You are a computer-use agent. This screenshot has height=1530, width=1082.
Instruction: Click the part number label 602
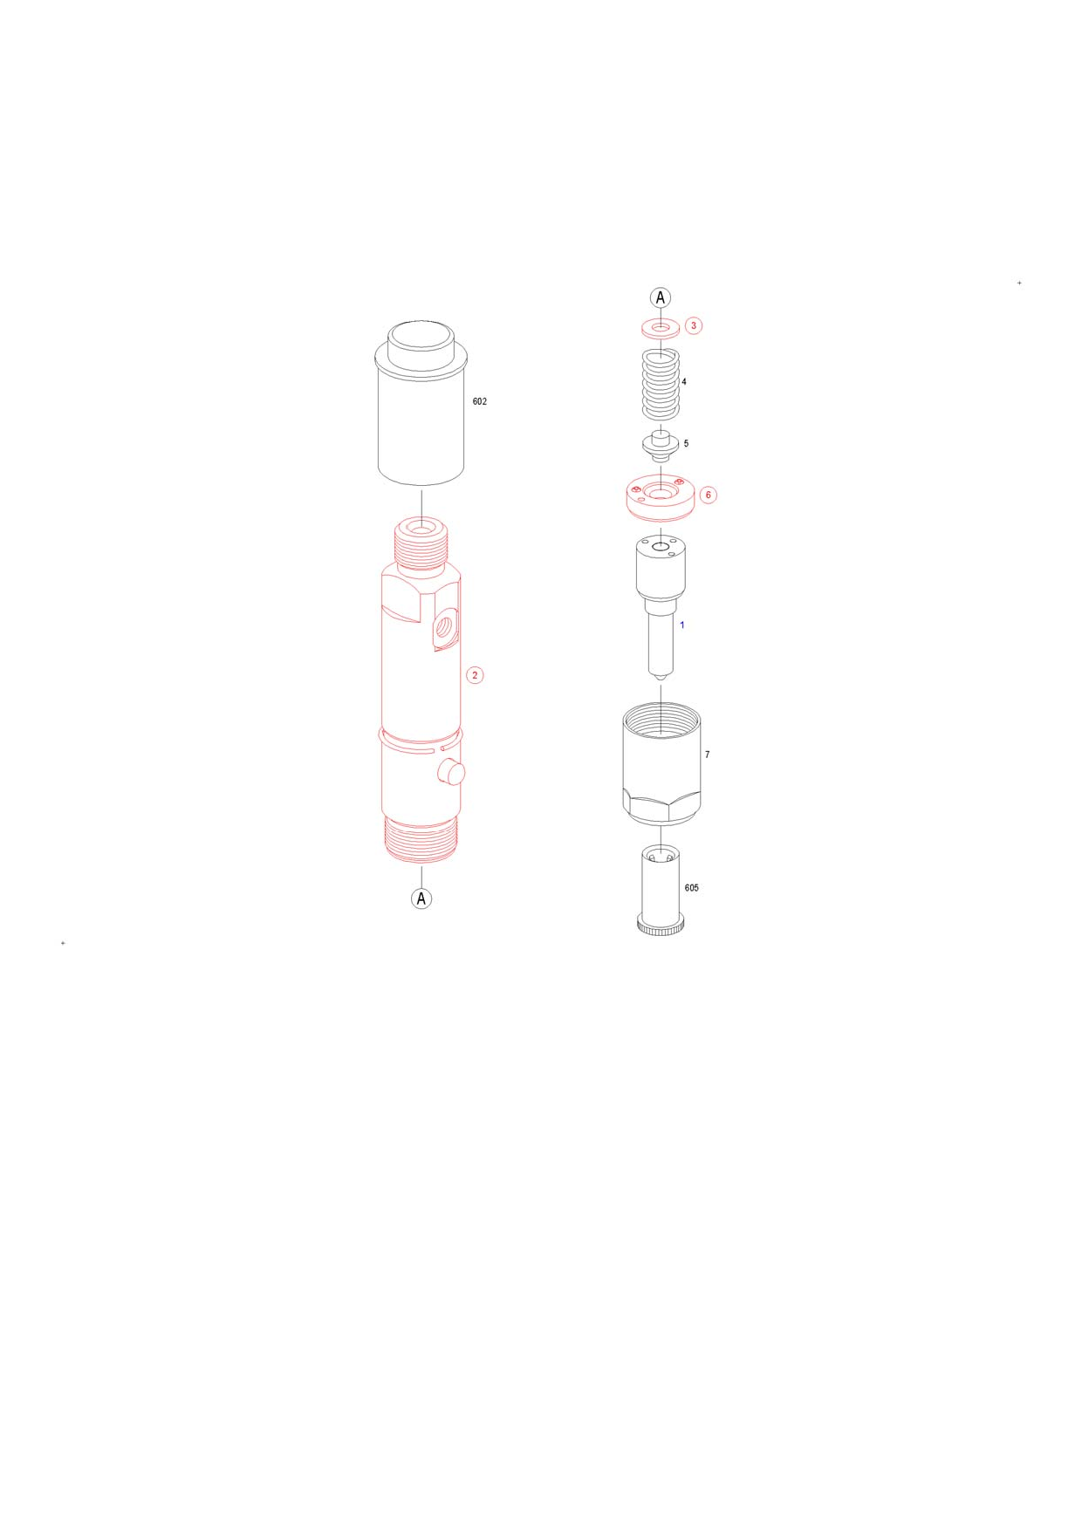coord(479,401)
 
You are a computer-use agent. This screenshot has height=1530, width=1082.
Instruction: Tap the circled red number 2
coord(475,675)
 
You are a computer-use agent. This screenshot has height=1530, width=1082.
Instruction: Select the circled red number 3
coord(694,325)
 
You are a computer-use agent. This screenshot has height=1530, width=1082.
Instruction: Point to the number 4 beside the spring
coord(684,381)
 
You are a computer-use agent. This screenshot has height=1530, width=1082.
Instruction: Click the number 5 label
coord(686,443)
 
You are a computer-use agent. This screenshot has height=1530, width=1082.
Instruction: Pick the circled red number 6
coord(708,495)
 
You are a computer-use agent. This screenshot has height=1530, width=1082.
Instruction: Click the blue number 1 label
coord(681,625)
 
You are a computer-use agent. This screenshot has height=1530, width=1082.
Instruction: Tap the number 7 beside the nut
coord(707,755)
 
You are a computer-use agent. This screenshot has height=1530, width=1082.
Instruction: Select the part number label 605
coord(691,888)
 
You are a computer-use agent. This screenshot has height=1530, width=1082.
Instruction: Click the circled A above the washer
coord(661,297)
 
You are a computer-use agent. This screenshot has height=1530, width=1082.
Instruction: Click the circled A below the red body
coord(421,898)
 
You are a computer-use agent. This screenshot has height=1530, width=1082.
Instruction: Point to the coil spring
coord(661,385)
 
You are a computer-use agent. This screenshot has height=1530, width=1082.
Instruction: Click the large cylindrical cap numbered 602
coord(421,402)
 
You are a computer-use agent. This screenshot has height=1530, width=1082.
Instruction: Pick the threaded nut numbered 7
coord(661,764)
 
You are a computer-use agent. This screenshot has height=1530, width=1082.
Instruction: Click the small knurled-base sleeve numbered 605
coord(661,891)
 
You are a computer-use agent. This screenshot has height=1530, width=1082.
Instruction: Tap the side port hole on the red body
coord(445,625)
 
